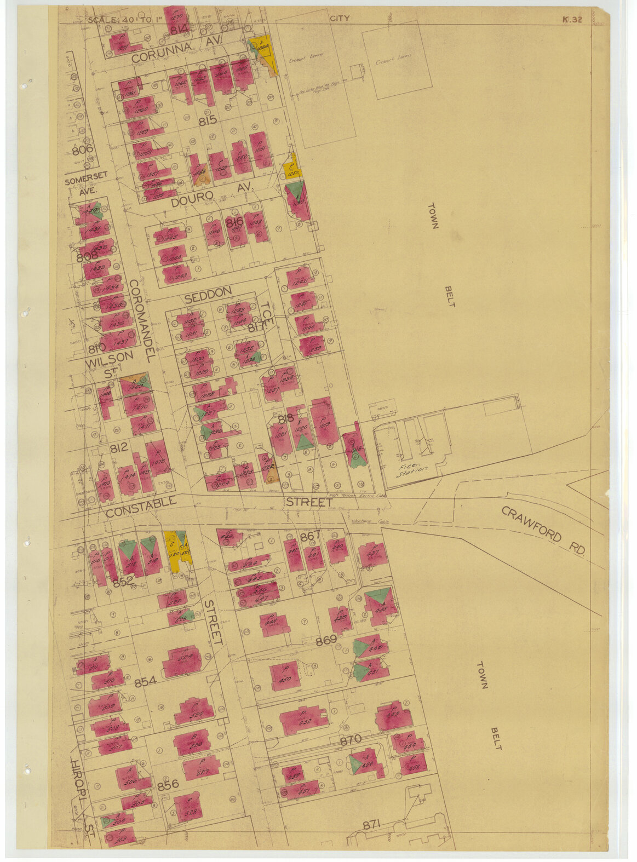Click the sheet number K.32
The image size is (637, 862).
point(571,20)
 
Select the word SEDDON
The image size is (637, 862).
point(208,294)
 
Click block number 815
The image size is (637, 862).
point(209,120)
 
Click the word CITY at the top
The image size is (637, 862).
point(340,19)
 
